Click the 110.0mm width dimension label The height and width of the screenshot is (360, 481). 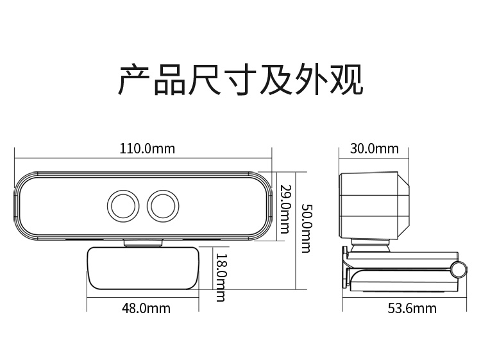point(147,148)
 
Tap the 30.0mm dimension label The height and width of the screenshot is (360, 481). point(375,148)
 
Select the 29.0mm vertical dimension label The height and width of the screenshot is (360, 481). point(284,209)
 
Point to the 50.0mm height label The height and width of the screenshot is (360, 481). point(306,228)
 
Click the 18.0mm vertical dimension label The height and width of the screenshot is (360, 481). point(221,277)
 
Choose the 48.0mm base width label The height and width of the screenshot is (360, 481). point(146,308)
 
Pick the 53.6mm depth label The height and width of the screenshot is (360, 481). point(412,308)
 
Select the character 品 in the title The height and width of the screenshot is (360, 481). point(170,80)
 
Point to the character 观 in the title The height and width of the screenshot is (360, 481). point(346,80)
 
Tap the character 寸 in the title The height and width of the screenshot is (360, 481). point(240,80)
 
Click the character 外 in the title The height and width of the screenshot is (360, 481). point(311,80)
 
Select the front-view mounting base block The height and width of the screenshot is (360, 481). point(143,268)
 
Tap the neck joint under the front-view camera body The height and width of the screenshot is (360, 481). point(143,243)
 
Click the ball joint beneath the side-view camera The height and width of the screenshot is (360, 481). point(371,246)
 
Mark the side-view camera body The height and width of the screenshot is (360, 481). point(375,205)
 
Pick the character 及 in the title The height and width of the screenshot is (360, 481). point(276,80)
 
